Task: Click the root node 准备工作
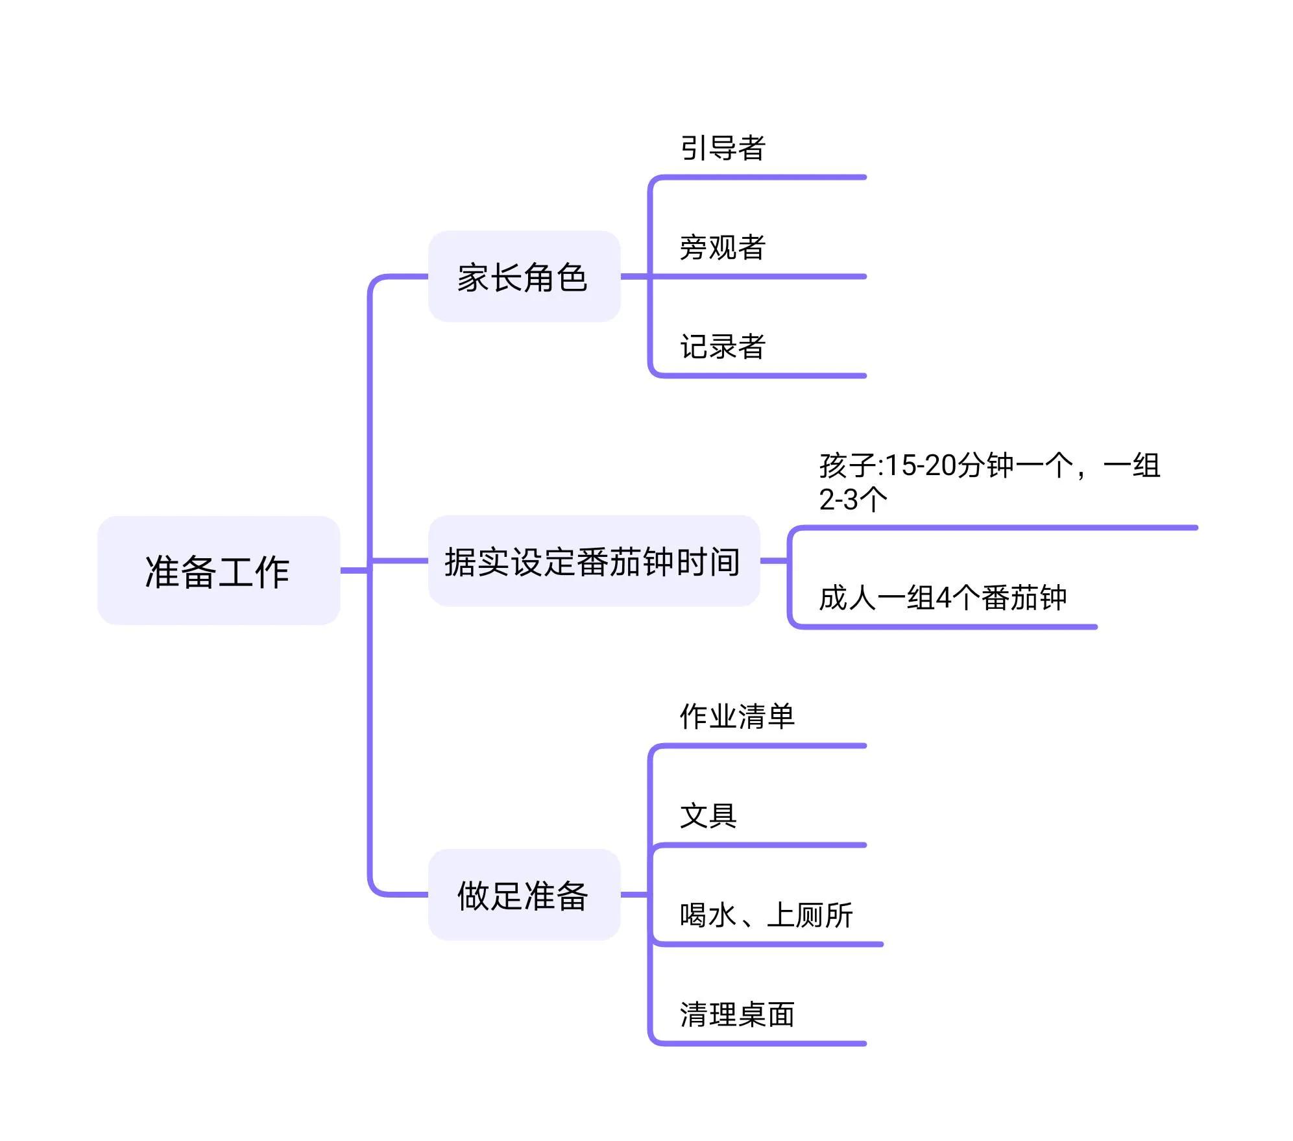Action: click(218, 570)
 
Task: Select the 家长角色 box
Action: click(524, 276)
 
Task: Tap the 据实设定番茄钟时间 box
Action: click(593, 561)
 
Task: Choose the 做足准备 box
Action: click(524, 894)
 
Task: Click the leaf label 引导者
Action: click(723, 148)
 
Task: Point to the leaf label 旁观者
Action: click(723, 247)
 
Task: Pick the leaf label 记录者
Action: click(723, 347)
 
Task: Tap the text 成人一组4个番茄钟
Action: click(942, 597)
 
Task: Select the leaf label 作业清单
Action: click(737, 717)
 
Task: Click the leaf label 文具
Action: click(708, 816)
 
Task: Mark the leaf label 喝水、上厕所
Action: click(766, 915)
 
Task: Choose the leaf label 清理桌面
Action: click(737, 1014)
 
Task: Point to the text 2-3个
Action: click(852, 499)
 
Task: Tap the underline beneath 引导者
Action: click(759, 177)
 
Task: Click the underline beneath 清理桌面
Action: click(759, 1044)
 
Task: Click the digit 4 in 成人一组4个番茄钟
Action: click(943, 598)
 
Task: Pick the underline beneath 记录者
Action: click(759, 376)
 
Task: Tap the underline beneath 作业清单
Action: click(759, 746)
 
